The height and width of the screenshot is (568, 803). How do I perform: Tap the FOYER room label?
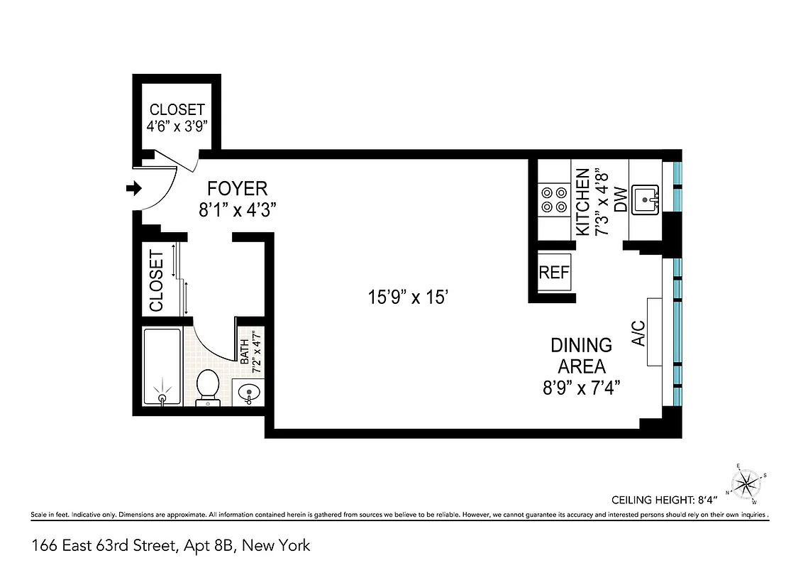237,188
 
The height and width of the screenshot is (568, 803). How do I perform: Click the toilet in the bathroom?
208,386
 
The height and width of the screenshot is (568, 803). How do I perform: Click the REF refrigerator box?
555,273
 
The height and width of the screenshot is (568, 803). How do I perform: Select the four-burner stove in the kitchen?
554,199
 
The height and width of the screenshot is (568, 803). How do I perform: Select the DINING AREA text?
582,356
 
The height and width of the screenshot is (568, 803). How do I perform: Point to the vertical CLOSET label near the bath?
157,280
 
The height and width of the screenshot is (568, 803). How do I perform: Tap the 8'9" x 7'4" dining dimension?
582,388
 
